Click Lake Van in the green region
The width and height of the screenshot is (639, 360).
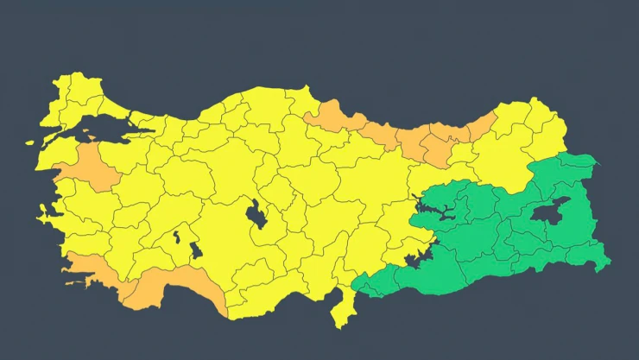click(549, 210)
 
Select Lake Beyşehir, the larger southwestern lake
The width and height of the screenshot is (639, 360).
click(196, 250)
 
